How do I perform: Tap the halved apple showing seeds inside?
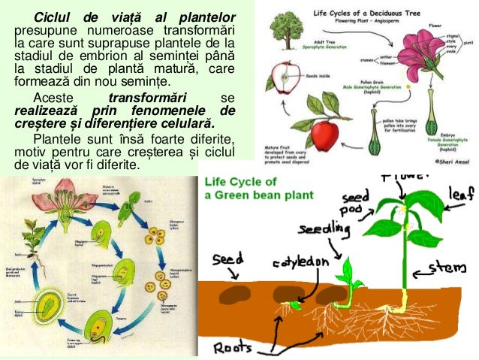285,75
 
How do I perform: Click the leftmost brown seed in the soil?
236,292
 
